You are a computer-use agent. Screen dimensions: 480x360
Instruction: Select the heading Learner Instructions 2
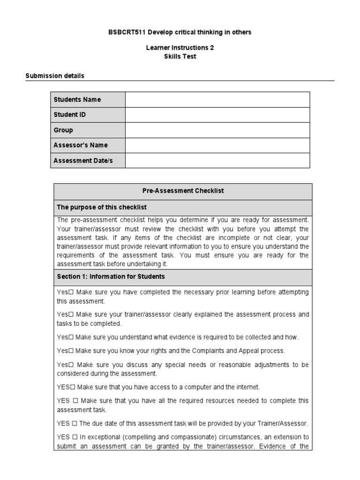[x=180, y=48]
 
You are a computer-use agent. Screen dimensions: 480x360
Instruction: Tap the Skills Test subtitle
[x=180, y=56]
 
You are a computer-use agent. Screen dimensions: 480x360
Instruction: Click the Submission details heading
[x=55, y=75]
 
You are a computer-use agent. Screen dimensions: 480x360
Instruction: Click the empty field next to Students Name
[x=217, y=99]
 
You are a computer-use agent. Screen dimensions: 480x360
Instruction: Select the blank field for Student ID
[x=217, y=115]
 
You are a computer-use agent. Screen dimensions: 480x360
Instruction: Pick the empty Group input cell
[x=217, y=130]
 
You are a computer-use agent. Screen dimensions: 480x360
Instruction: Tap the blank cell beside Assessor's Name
[x=217, y=145]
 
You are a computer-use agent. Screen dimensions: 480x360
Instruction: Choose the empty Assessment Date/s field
[x=217, y=160]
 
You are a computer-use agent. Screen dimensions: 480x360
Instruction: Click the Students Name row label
[x=77, y=99]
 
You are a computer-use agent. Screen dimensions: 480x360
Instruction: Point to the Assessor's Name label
[x=81, y=145]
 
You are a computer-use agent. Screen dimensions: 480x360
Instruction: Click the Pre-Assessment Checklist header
[x=183, y=191]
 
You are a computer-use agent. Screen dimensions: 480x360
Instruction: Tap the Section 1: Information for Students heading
[x=111, y=277]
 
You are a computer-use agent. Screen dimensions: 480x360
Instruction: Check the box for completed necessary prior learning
[x=72, y=292]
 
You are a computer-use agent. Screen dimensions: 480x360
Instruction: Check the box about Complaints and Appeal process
[x=72, y=351]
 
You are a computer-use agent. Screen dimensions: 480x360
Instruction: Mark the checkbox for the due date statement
[x=75, y=424]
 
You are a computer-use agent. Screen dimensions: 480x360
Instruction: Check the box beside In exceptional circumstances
[x=75, y=437]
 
